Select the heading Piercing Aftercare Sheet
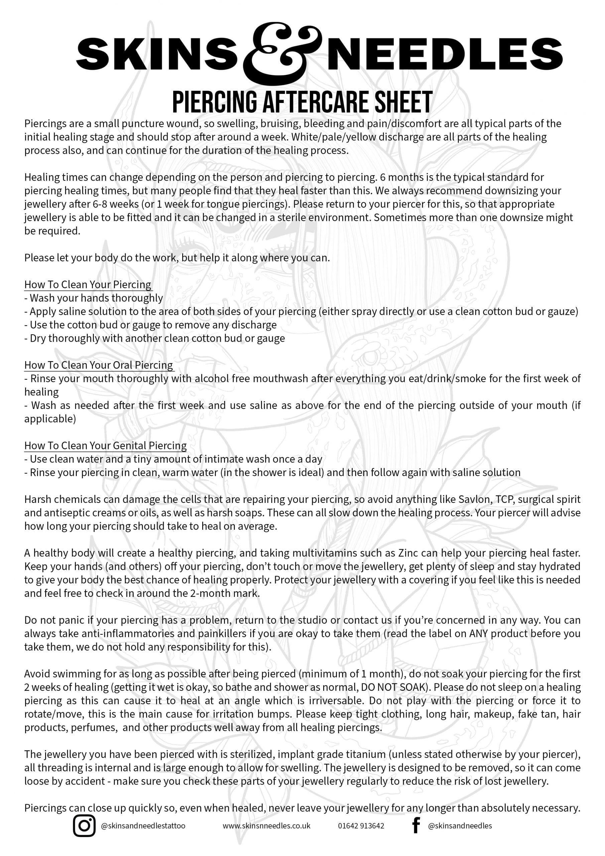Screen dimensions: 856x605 (x=302, y=102)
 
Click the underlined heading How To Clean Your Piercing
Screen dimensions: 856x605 (x=88, y=285)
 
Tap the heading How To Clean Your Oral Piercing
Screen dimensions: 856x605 (x=99, y=365)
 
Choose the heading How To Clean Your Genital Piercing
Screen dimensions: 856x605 (x=106, y=445)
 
